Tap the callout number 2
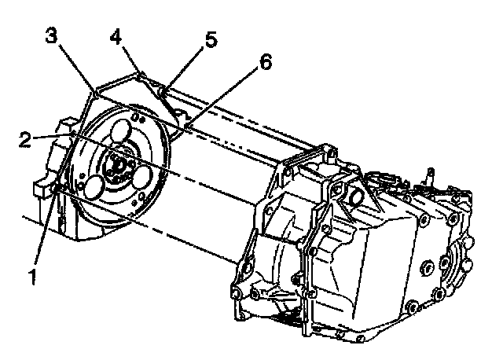click(26, 140)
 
